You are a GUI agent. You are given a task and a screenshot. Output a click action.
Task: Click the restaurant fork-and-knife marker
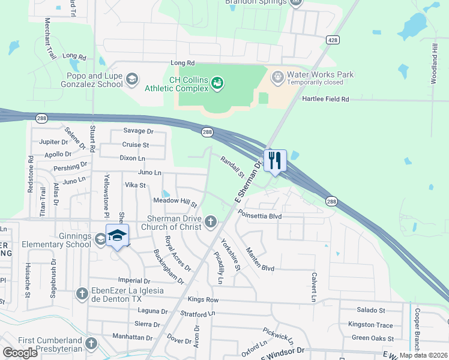point(275,160)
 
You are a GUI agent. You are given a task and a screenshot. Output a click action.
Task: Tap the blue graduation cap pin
point(118,235)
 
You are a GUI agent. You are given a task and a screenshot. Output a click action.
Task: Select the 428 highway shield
point(333,40)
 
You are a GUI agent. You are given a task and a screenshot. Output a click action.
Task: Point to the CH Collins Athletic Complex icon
point(217,81)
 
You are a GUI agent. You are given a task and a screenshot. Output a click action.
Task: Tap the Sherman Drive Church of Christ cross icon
point(210,222)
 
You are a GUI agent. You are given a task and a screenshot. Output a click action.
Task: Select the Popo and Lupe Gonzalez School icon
point(131,79)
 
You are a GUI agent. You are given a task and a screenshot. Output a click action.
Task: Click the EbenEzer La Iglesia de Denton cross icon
point(82,294)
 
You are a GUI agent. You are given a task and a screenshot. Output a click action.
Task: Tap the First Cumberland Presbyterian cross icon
point(91,343)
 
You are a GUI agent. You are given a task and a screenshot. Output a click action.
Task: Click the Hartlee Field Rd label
point(325,99)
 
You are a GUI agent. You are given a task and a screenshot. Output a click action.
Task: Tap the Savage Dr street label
point(139,131)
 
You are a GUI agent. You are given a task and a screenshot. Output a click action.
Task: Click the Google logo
point(20,353)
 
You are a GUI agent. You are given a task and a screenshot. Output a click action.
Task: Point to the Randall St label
point(232,168)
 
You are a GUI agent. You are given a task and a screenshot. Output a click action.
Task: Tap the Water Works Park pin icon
point(277,76)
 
